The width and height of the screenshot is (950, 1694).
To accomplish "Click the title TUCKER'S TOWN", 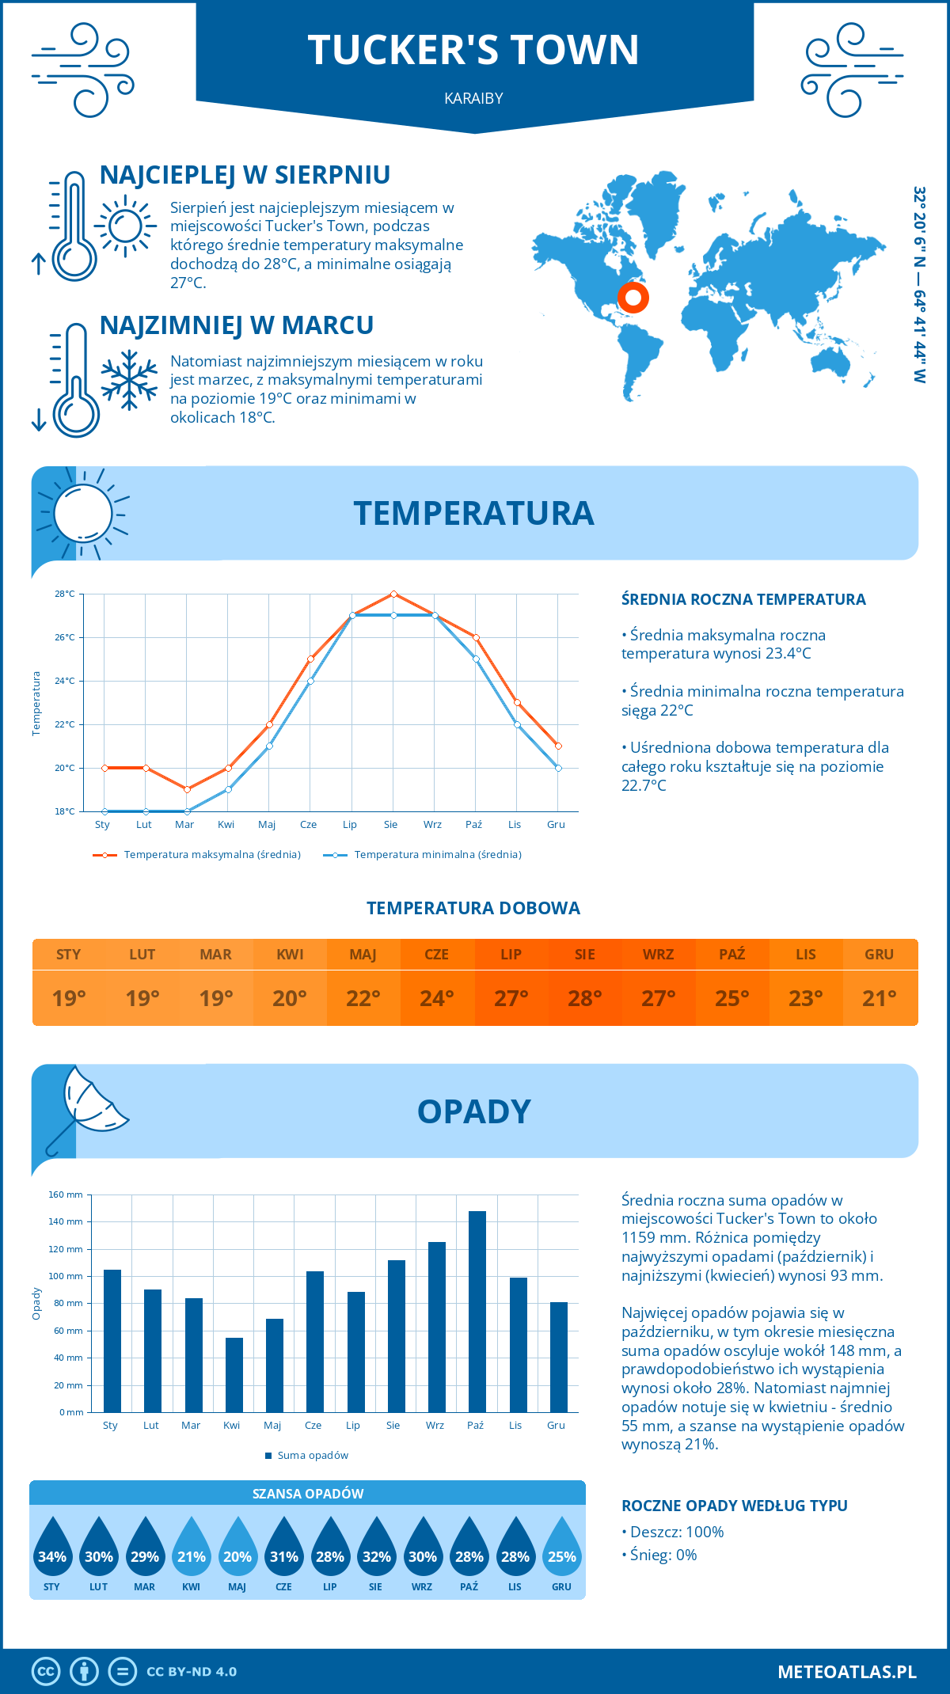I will coord(473,50).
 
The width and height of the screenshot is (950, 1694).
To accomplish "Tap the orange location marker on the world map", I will coord(633,298).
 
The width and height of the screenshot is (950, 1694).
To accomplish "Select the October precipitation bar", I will coord(477,1311).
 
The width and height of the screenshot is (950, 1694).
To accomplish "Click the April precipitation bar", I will coord(234,1374).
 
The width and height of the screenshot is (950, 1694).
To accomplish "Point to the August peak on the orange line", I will coord(393,594).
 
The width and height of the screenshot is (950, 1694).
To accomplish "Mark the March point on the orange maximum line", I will coord(187,789).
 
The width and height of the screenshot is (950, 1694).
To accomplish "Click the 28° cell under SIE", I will coord(584,998).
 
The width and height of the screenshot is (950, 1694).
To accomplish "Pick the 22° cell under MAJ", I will coord(363,998).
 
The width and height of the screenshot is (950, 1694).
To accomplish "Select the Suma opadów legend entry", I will coord(312,1456).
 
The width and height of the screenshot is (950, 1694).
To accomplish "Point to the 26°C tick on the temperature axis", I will coord(65,637).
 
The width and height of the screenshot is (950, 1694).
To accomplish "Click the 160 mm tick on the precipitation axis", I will coord(66,1195).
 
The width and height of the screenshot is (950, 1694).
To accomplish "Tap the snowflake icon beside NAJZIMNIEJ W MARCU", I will coord(129,380).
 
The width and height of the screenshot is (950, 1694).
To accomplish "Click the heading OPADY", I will coord(473,1111).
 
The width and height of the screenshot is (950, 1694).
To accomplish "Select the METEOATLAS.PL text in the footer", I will coord(846,1672).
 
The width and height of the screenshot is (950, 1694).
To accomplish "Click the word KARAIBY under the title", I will coord(473,98).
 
